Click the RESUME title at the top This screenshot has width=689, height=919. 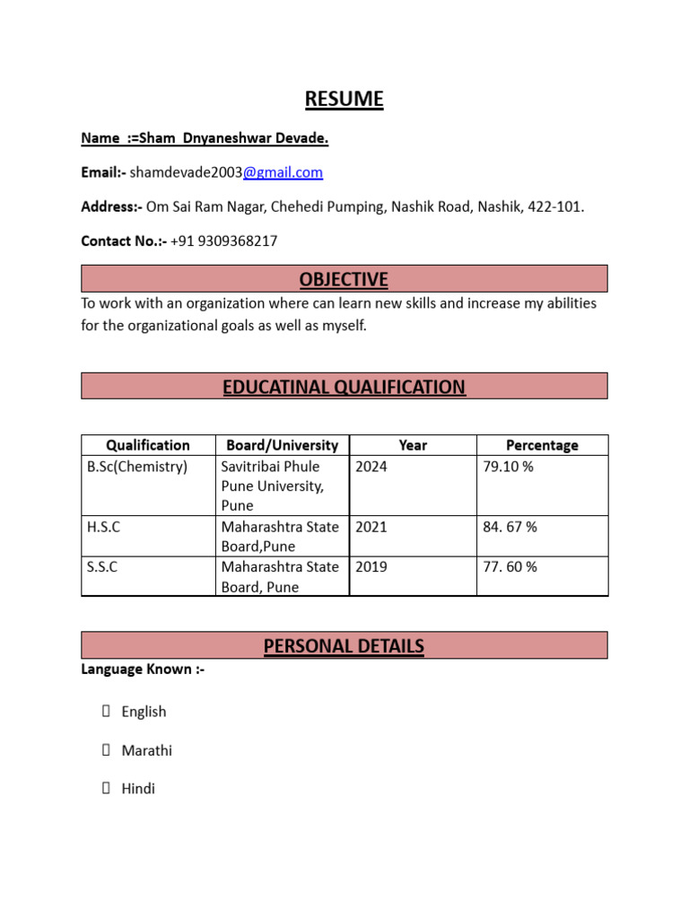tap(344, 99)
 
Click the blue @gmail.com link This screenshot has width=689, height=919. tap(283, 172)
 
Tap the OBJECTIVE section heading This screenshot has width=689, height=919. tap(344, 279)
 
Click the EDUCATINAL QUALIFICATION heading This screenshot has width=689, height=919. tap(344, 387)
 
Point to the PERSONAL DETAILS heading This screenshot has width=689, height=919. tap(344, 646)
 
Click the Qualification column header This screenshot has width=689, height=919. tap(148, 445)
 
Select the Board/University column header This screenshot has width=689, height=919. tap(282, 445)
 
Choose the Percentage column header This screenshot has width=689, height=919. tap(542, 445)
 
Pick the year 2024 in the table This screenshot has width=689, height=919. tap(371, 467)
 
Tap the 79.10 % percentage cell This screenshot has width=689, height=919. tap(508, 467)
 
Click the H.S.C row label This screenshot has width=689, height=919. tap(103, 527)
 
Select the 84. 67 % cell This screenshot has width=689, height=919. tap(510, 527)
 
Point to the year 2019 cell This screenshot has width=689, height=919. tap(371, 567)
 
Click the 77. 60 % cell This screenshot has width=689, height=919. tap(510, 567)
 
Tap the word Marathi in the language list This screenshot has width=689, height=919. tap(146, 750)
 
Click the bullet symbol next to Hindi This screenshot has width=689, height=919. tap(106, 789)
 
